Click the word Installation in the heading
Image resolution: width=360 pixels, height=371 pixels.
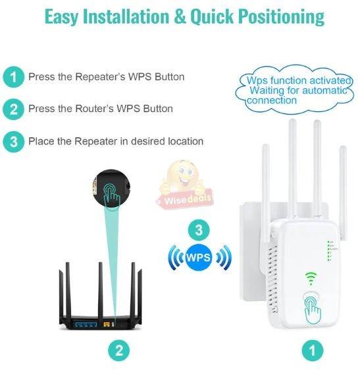click(x=126, y=16)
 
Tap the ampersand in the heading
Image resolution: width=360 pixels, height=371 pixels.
click(x=180, y=16)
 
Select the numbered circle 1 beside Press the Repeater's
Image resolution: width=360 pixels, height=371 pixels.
click(x=13, y=77)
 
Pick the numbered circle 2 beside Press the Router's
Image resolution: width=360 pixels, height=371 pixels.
click(x=13, y=109)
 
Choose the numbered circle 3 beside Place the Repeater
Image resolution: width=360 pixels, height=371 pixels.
click(x=13, y=142)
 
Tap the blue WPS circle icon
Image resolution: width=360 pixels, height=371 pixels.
click(x=198, y=258)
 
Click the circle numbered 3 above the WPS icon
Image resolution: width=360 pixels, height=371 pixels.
click(x=199, y=230)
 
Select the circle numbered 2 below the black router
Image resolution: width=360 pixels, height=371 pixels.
click(x=119, y=351)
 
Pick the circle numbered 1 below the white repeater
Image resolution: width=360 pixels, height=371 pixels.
click(x=313, y=351)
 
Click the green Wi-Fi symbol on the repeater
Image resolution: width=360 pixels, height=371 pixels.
click(x=311, y=278)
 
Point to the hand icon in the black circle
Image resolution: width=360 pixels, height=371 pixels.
click(x=111, y=196)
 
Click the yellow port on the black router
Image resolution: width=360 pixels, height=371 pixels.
click(x=107, y=324)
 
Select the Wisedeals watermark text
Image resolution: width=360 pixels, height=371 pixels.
click(x=188, y=199)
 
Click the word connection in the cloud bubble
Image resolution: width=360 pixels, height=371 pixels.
click(x=272, y=100)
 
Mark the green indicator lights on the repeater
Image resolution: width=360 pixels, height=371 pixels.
click(x=329, y=251)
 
